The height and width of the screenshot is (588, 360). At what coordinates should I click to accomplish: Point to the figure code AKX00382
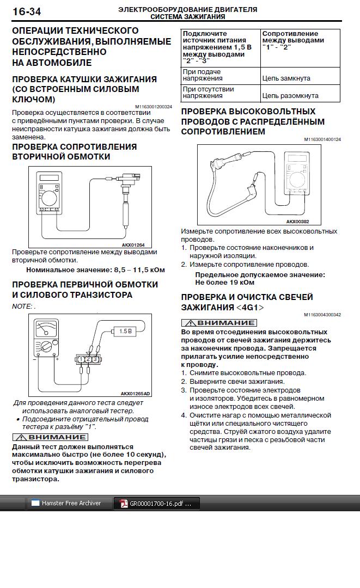[x=297, y=222]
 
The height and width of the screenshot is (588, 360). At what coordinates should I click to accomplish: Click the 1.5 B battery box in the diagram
[x=125, y=331]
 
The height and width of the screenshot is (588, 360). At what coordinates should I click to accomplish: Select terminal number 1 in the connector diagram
[x=81, y=359]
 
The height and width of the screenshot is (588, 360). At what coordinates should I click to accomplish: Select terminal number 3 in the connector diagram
[x=95, y=359]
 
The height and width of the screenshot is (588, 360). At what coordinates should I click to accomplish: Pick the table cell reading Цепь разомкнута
[x=290, y=96]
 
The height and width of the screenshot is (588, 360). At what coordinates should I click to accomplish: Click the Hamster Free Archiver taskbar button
[x=71, y=503]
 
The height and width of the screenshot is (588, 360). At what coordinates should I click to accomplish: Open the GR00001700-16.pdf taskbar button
[x=157, y=504]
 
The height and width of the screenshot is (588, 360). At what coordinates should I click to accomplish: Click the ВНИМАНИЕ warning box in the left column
[x=50, y=437]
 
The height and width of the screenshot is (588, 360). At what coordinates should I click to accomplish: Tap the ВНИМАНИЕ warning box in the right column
[x=219, y=323]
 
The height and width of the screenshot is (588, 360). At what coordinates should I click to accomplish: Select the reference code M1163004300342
[x=322, y=315]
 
